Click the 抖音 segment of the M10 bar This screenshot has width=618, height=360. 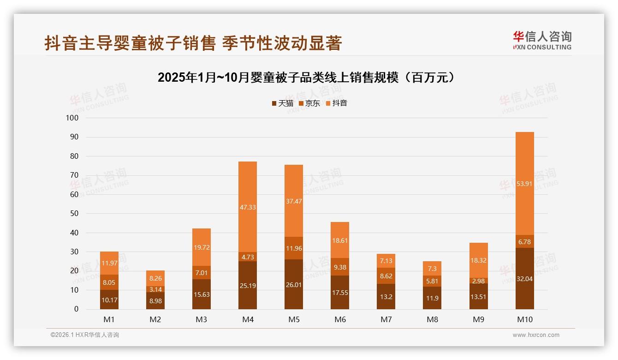point(524,184)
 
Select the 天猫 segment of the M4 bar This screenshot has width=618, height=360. point(248,285)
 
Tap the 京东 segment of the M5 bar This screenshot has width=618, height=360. point(294,248)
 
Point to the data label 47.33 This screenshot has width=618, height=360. point(248,208)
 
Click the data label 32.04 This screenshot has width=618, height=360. point(524,279)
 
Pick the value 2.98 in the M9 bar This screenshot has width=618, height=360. point(478,281)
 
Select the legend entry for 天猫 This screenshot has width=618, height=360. point(282,103)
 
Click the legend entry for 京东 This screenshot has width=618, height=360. point(309,103)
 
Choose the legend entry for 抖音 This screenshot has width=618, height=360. point(336,103)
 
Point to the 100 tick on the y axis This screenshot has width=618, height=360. point(73,118)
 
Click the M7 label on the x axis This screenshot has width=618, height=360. point(386,319)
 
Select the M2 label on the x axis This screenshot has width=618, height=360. point(155,319)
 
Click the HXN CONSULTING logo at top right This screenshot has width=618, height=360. point(542,41)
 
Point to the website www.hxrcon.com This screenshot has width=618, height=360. point(536,335)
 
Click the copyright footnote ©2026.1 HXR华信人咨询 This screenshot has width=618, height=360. point(85,335)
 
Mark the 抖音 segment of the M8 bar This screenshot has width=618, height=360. point(432,269)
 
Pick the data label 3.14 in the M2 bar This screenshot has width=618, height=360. point(155,289)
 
